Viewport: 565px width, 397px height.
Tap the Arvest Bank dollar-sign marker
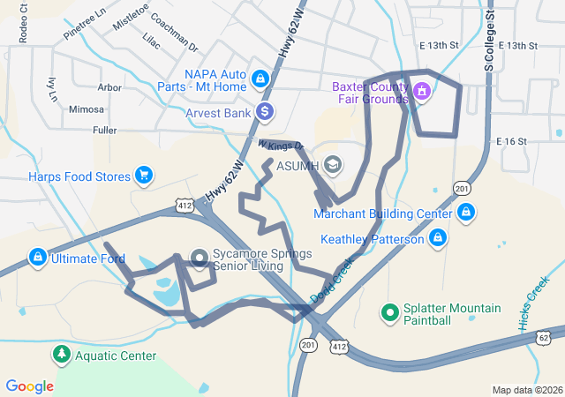pyautogui.click(x=264, y=112)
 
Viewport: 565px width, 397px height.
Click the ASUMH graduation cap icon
pyautogui.click(x=333, y=165)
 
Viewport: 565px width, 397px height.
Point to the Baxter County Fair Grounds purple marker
pyautogui.click(x=422, y=91)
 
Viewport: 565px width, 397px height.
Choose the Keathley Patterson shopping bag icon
pyautogui.click(x=436, y=238)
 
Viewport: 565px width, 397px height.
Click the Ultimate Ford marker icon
pyautogui.click(x=37, y=258)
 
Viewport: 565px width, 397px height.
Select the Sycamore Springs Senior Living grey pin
pyautogui.click(x=200, y=258)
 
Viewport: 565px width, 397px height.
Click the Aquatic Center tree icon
pyautogui.click(x=61, y=355)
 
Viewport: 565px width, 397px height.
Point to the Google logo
pyautogui.click(x=29, y=386)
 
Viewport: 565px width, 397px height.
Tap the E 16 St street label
pyautogui.click(x=511, y=141)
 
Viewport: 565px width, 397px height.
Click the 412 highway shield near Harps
pyautogui.click(x=184, y=206)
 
